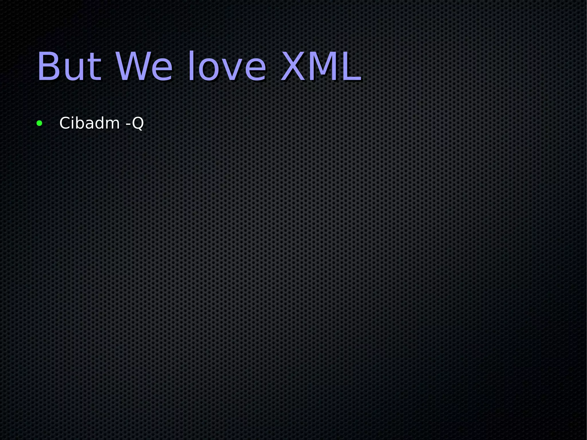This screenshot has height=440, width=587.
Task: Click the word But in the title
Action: pos(69,67)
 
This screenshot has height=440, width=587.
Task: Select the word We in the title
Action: pos(144,67)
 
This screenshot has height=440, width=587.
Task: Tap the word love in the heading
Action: pos(227,67)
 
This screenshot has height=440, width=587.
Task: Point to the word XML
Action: pos(320,67)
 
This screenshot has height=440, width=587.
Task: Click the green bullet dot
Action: pos(40,124)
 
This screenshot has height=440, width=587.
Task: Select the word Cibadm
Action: pos(89,123)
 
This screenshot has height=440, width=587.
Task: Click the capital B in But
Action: pos(49,67)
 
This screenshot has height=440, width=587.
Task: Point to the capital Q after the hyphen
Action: pos(138,123)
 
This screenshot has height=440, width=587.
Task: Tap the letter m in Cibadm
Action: pos(112,125)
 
